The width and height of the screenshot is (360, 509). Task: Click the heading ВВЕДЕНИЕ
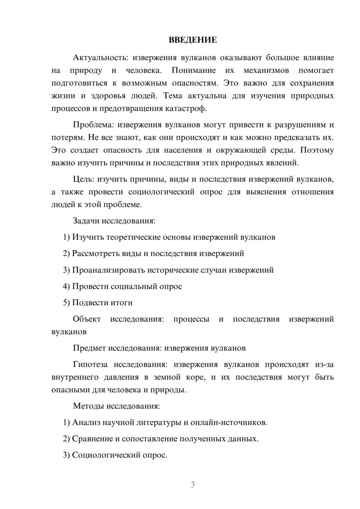click(x=193, y=40)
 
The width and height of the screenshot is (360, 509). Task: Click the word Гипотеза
click(x=90, y=364)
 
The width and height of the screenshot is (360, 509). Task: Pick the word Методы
click(x=89, y=406)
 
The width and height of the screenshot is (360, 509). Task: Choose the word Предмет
click(x=89, y=348)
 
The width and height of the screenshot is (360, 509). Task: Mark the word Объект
click(x=87, y=319)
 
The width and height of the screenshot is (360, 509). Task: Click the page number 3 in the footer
click(x=193, y=485)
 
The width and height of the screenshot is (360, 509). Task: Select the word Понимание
click(x=194, y=71)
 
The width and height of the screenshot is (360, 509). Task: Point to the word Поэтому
click(x=317, y=150)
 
